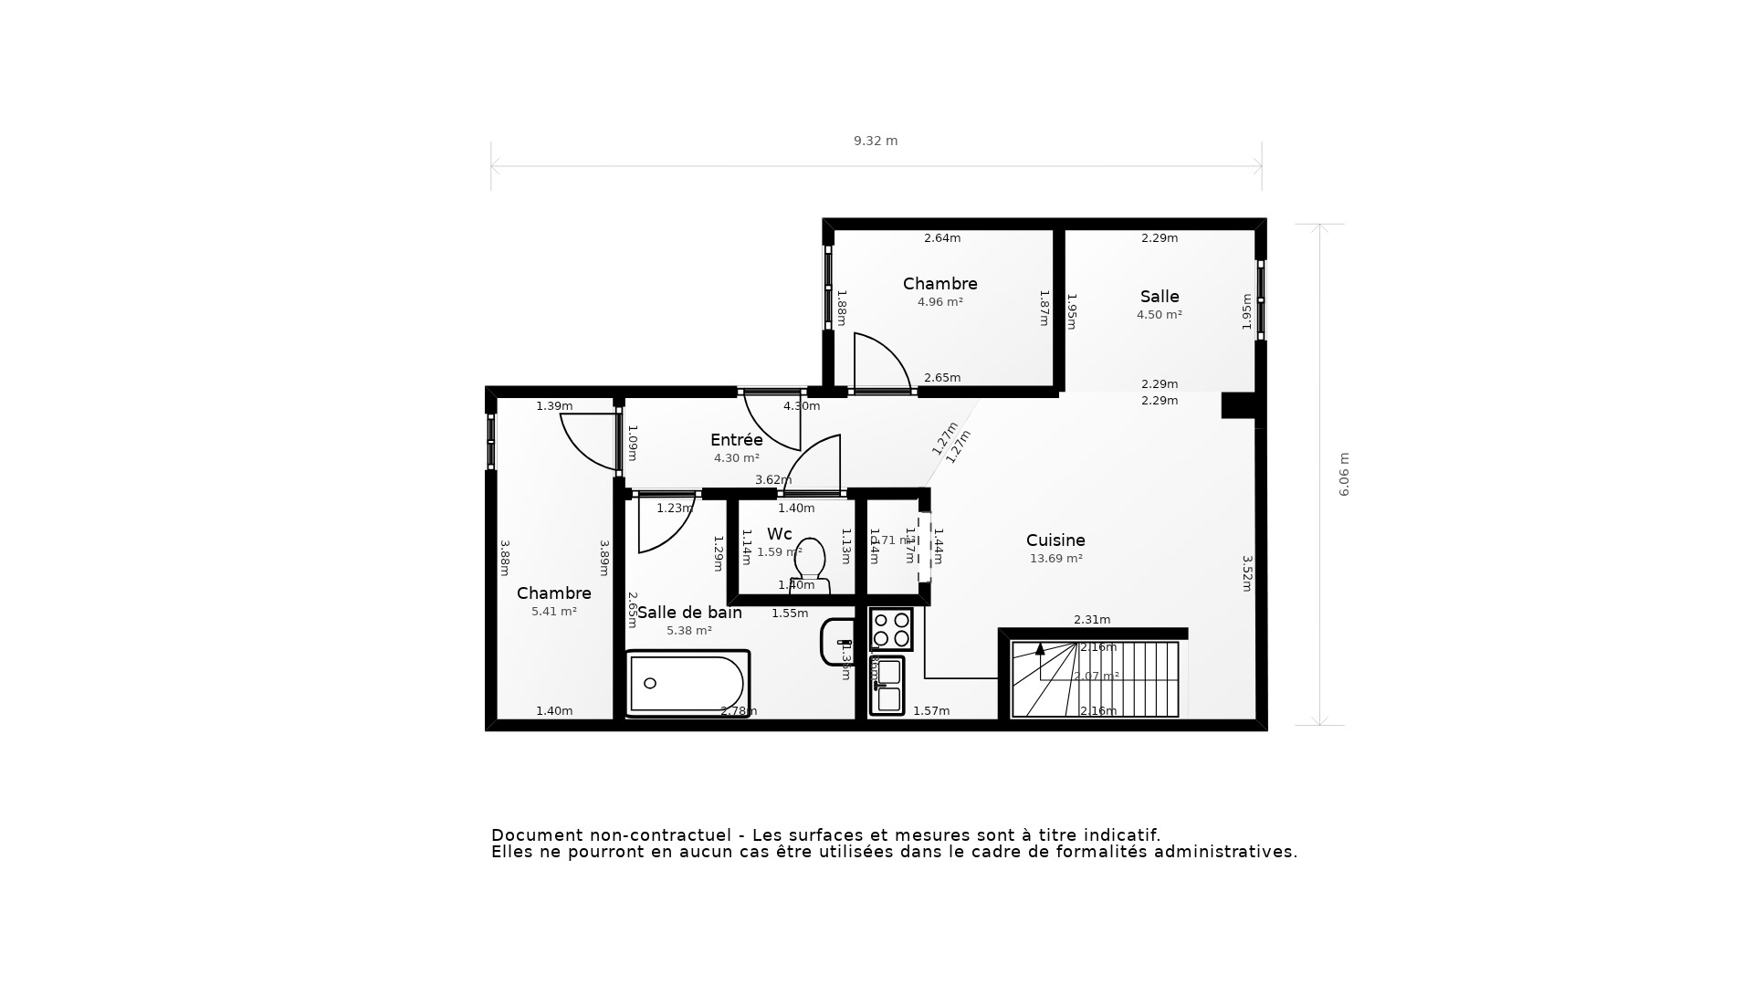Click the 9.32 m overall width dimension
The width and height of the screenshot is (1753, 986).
[x=876, y=141]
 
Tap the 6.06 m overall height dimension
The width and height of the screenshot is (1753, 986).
[x=1344, y=475]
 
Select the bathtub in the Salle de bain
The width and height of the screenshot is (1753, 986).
[x=687, y=684]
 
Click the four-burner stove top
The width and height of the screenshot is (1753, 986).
[x=890, y=628]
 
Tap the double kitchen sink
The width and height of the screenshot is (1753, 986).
[x=887, y=686]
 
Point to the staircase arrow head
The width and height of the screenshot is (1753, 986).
[x=1040, y=649]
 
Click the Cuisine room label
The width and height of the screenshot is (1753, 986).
[x=1055, y=540]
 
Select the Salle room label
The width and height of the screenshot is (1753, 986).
[x=1160, y=297]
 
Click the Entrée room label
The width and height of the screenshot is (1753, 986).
[x=736, y=440]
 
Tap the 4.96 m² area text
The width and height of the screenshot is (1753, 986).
[x=940, y=302]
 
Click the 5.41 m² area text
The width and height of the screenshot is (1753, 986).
[x=554, y=612]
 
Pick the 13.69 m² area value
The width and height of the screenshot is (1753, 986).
[x=1056, y=559]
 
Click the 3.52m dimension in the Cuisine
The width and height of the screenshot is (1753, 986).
[x=1246, y=573]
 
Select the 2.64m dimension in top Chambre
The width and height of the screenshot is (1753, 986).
[x=942, y=238]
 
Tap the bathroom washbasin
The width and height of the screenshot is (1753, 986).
[x=835, y=642]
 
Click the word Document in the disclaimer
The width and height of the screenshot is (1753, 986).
[x=535, y=835]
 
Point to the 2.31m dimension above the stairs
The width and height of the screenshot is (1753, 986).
[x=1092, y=620]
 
